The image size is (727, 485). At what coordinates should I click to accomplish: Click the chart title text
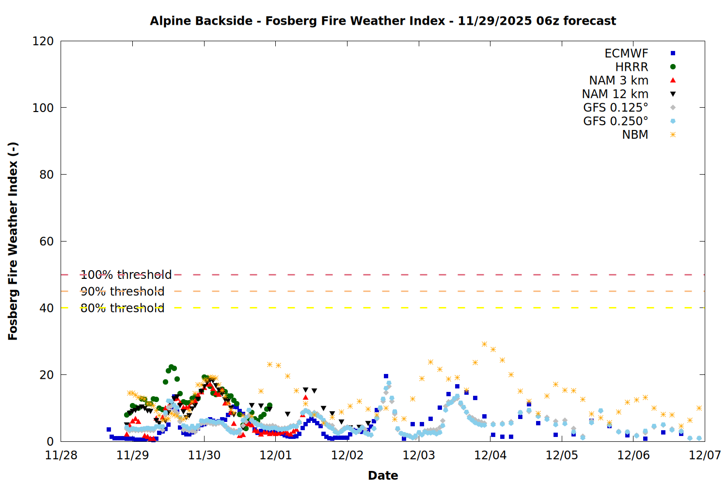[383, 21]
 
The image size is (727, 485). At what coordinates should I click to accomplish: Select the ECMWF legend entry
[626, 53]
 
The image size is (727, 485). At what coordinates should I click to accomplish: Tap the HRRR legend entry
[632, 67]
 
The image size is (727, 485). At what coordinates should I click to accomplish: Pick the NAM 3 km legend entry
[618, 81]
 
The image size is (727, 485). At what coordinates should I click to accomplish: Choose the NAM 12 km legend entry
[615, 94]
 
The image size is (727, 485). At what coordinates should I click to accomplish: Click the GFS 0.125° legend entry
[616, 108]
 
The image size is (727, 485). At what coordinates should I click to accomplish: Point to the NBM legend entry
[635, 135]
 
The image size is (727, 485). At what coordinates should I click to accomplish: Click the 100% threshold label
[126, 275]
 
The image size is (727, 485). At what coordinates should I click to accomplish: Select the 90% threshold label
[122, 291]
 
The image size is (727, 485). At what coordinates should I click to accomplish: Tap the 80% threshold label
[122, 308]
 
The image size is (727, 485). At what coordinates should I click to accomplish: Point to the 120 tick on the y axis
[43, 41]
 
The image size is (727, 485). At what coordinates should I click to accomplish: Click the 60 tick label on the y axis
[47, 242]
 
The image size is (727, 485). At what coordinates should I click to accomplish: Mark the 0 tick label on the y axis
[50, 442]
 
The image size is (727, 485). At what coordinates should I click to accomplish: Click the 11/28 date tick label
[61, 455]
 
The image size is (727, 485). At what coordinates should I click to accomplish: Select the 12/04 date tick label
[490, 455]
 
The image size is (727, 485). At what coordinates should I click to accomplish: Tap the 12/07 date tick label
[705, 455]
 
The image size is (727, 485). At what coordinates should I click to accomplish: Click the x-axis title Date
[383, 475]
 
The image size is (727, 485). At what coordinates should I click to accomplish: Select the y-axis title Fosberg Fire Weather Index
[13, 241]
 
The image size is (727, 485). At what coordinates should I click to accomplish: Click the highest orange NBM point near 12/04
[484, 344]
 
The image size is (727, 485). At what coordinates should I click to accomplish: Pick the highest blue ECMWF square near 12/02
[386, 376]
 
